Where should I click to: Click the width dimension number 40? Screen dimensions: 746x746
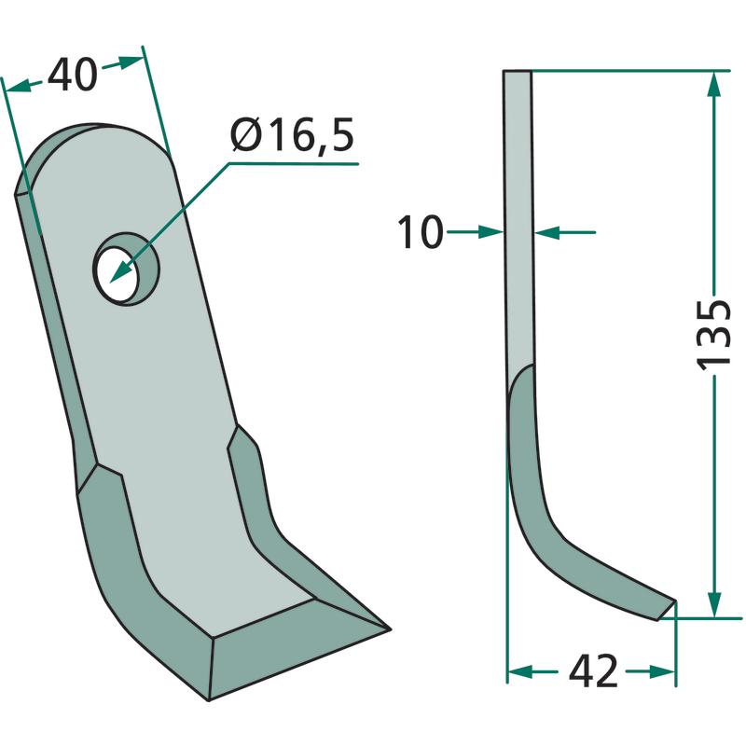click(73, 76)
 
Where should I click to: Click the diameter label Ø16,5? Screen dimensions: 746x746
click(292, 135)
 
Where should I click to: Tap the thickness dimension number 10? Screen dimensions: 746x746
click(421, 232)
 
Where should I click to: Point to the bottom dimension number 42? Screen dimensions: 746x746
click(593, 671)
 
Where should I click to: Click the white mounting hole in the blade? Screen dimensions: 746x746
click(116, 274)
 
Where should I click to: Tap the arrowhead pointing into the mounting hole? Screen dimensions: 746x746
click(120, 272)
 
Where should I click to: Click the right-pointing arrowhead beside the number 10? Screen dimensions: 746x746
click(490, 232)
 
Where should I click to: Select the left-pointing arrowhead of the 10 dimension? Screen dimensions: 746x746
click(547, 232)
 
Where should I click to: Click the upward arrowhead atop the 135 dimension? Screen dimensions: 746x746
click(713, 85)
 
